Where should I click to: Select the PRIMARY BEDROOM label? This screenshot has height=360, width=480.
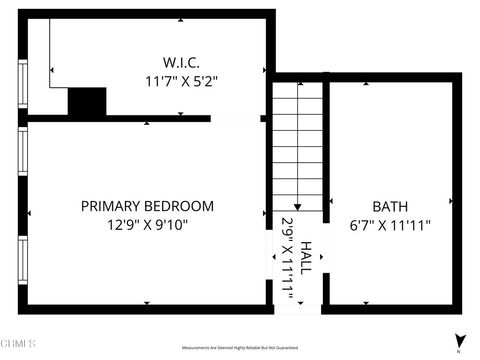click(147, 206)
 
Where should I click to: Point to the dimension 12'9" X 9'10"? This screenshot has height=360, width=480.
click(147, 225)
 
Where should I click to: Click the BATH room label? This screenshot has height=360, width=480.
click(390, 206)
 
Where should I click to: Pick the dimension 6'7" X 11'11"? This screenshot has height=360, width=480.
click(390, 225)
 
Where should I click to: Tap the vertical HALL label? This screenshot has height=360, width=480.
click(306, 257)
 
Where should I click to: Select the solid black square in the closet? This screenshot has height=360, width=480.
click(87, 102)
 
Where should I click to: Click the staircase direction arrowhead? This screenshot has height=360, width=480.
click(325, 205)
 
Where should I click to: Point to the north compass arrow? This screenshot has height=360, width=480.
click(458, 340)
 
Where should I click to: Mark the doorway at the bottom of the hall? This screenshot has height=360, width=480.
click(297, 307)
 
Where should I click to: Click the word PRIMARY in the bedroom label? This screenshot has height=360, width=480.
click(114, 206)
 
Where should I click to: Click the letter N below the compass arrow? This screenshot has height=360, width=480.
click(458, 351)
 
